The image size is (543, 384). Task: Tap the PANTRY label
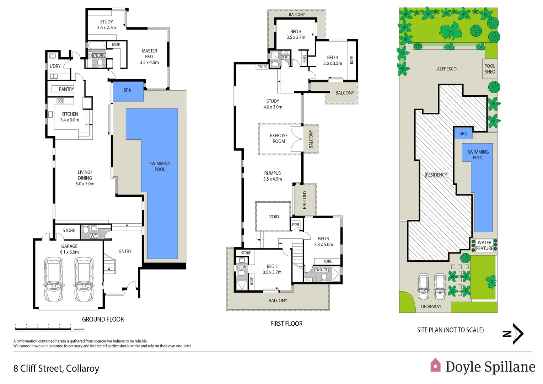(66, 89)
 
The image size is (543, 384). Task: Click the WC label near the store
(94, 236)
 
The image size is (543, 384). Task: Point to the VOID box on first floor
(273, 216)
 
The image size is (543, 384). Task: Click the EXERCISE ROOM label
(279, 138)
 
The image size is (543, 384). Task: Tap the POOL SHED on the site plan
(490, 69)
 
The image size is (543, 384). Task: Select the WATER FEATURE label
(484, 245)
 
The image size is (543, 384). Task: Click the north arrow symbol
(514, 334)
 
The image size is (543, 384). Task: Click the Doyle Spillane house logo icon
(435, 365)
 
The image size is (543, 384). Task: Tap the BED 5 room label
(296, 32)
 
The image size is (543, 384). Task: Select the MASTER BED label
(149, 54)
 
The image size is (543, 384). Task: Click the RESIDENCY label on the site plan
(436, 175)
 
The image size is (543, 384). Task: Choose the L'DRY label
(55, 66)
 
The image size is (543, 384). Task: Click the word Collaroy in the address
(82, 368)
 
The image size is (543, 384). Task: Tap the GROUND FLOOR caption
(103, 319)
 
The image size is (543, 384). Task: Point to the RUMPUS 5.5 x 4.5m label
(273, 176)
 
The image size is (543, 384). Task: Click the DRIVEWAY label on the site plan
(431, 306)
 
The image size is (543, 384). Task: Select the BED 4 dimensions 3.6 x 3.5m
(333, 63)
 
